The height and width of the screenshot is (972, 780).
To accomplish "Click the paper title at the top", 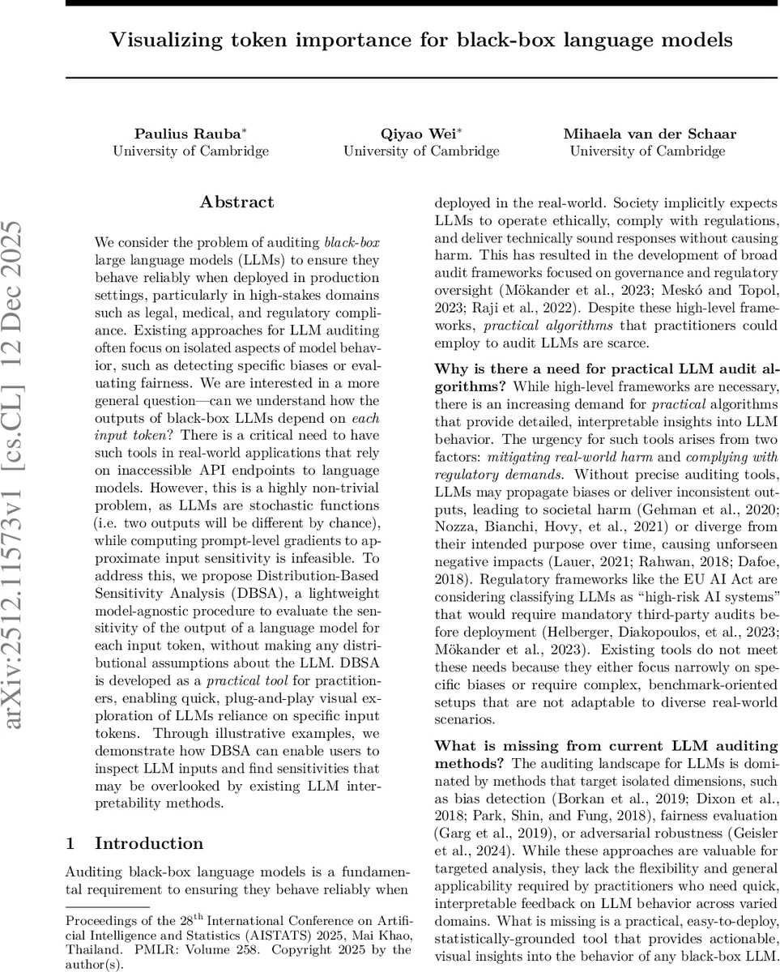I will pos(421,40).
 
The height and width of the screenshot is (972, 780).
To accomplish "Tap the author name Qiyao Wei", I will pos(418,134).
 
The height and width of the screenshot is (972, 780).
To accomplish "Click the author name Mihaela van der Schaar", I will pos(650,134).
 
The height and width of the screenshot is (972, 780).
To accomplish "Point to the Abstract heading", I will pos(237,202).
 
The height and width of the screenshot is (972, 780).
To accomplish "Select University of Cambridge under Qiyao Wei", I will pos(421,151).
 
